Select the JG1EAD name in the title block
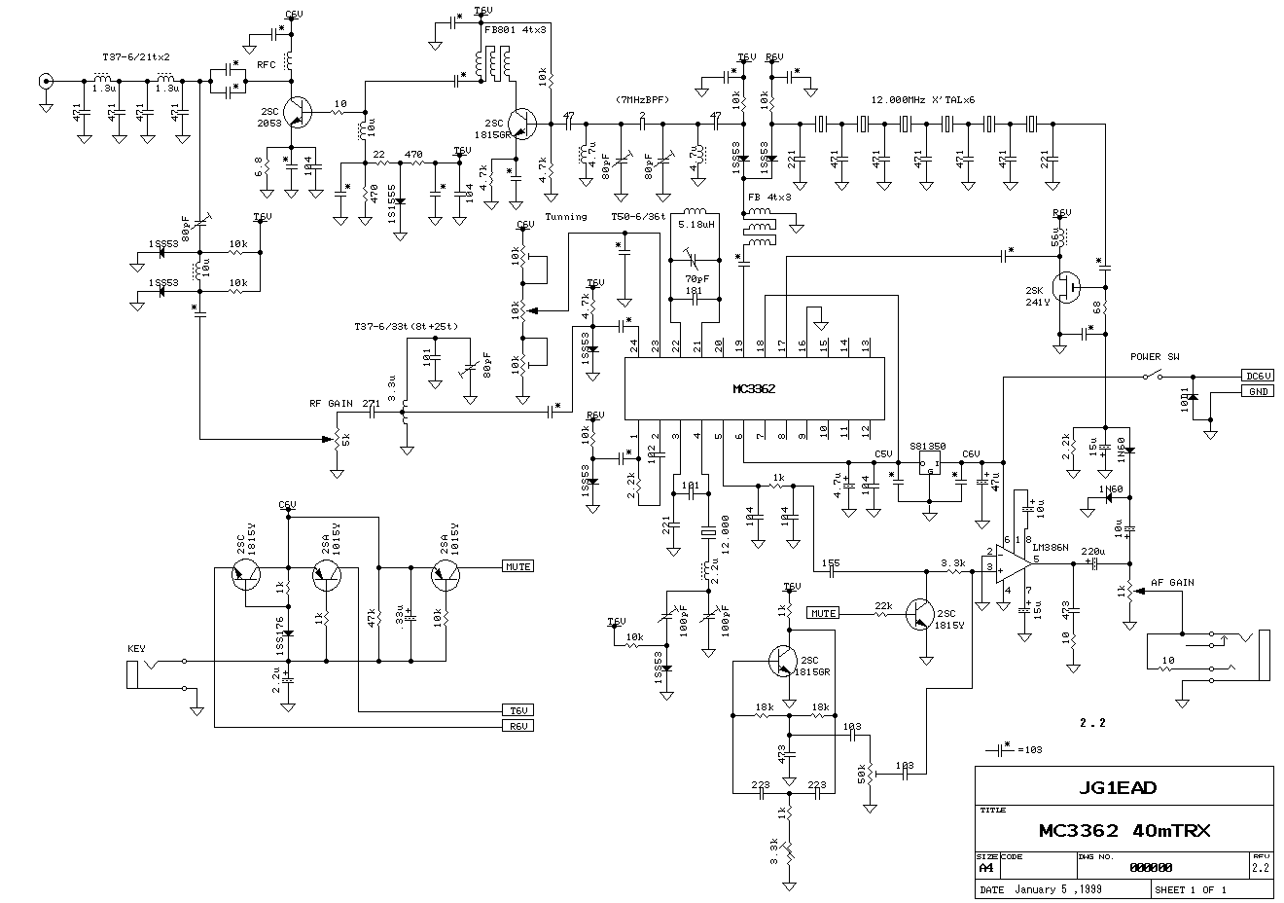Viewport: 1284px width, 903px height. [x=1123, y=787]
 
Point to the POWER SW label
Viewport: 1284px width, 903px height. [x=1156, y=356]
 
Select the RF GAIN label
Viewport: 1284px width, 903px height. [x=331, y=402]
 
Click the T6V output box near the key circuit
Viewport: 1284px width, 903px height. [x=517, y=709]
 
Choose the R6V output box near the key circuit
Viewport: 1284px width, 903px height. [x=517, y=725]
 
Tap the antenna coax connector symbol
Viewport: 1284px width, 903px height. [x=45, y=82]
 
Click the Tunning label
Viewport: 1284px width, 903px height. [x=566, y=217]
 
